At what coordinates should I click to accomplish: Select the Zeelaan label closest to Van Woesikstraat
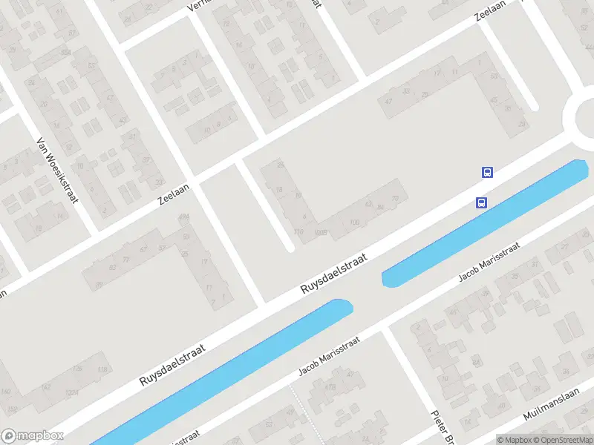174,194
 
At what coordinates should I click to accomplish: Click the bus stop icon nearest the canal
482,202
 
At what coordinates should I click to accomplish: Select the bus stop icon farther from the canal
488,172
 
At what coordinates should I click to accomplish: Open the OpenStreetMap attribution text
563,440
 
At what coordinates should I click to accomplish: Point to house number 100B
321,233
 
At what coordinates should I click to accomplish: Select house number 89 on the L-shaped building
99,286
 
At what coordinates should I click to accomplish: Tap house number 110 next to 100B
298,232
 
